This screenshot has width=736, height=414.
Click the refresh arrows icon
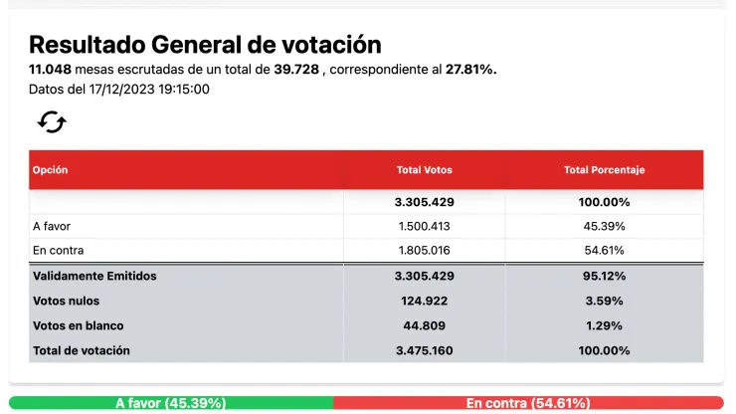[x=52, y=122]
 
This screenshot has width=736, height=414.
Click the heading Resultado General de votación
[x=205, y=45]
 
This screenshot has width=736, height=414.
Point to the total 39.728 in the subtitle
[x=296, y=70]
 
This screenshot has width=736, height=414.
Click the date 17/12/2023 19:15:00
[x=148, y=89]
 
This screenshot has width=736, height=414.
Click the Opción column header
[x=51, y=170]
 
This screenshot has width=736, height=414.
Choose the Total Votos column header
[x=424, y=170]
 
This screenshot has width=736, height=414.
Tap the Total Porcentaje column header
[x=604, y=170]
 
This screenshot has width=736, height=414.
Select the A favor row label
[x=52, y=226]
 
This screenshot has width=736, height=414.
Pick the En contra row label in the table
[x=58, y=251]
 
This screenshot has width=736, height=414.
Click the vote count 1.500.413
[x=425, y=226]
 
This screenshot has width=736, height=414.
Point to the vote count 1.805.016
[x=425, y=251]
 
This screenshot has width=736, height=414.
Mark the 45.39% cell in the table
[x=604, y=226]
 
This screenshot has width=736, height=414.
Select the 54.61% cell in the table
[x=604, y=251]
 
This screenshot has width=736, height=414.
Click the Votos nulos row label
[x=67, y=301]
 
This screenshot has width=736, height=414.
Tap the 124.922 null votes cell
[x=425, y=301]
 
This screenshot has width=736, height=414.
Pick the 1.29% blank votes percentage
[x=604, y=325]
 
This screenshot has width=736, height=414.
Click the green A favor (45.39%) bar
[x=171, y=403]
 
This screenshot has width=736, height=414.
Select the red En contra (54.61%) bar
[x=528, y=403]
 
